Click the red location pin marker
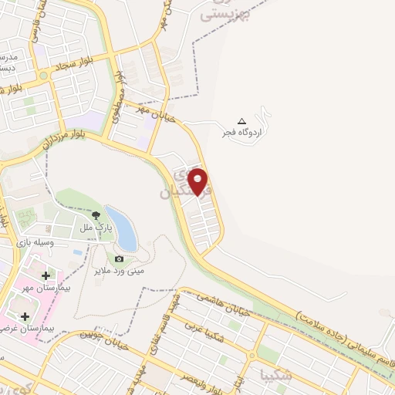click(199, 181)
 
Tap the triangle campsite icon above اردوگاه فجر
click(241, 121)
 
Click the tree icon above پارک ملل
click(96, 216)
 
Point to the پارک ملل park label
click(99, 228)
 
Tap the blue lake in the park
click(122, 228)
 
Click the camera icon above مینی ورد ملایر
click(119, 259)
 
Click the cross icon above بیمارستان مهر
click(46, 275)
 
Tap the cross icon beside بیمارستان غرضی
click(25, 316)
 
